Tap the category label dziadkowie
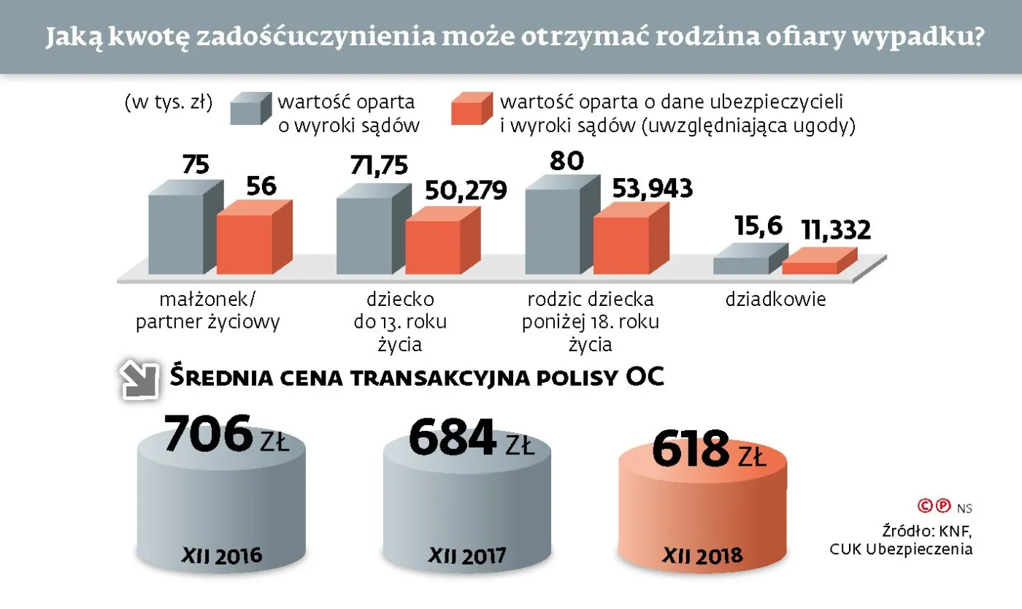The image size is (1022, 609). pos(775,299)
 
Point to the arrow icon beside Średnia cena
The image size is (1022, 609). pos(139,380)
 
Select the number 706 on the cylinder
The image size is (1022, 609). pos(208,434)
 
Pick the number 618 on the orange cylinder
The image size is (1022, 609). pos(690,450)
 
